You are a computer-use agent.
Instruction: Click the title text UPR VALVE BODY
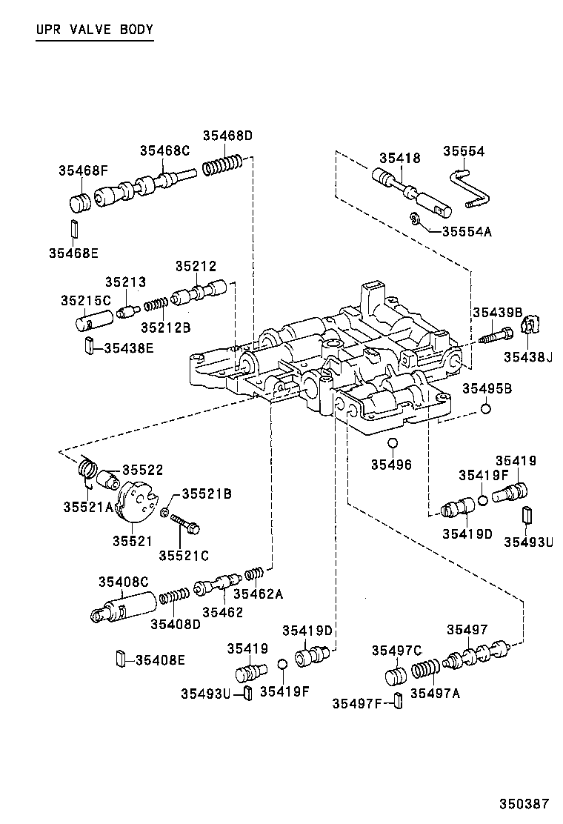(x=94, y=30)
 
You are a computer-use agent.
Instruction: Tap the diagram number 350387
(x=523, y=803)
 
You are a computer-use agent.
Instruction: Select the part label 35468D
(x=228, y=136)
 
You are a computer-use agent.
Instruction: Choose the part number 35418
(x=400, y=158)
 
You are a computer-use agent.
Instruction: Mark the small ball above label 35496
(x=393, y=443)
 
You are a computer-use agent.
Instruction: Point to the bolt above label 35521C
(x=185, y=527)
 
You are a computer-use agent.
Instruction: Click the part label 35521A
(x=87, y=506)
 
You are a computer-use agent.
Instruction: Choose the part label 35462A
(x=257, y=594)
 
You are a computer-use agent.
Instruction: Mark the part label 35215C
(x=85, y=300)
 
